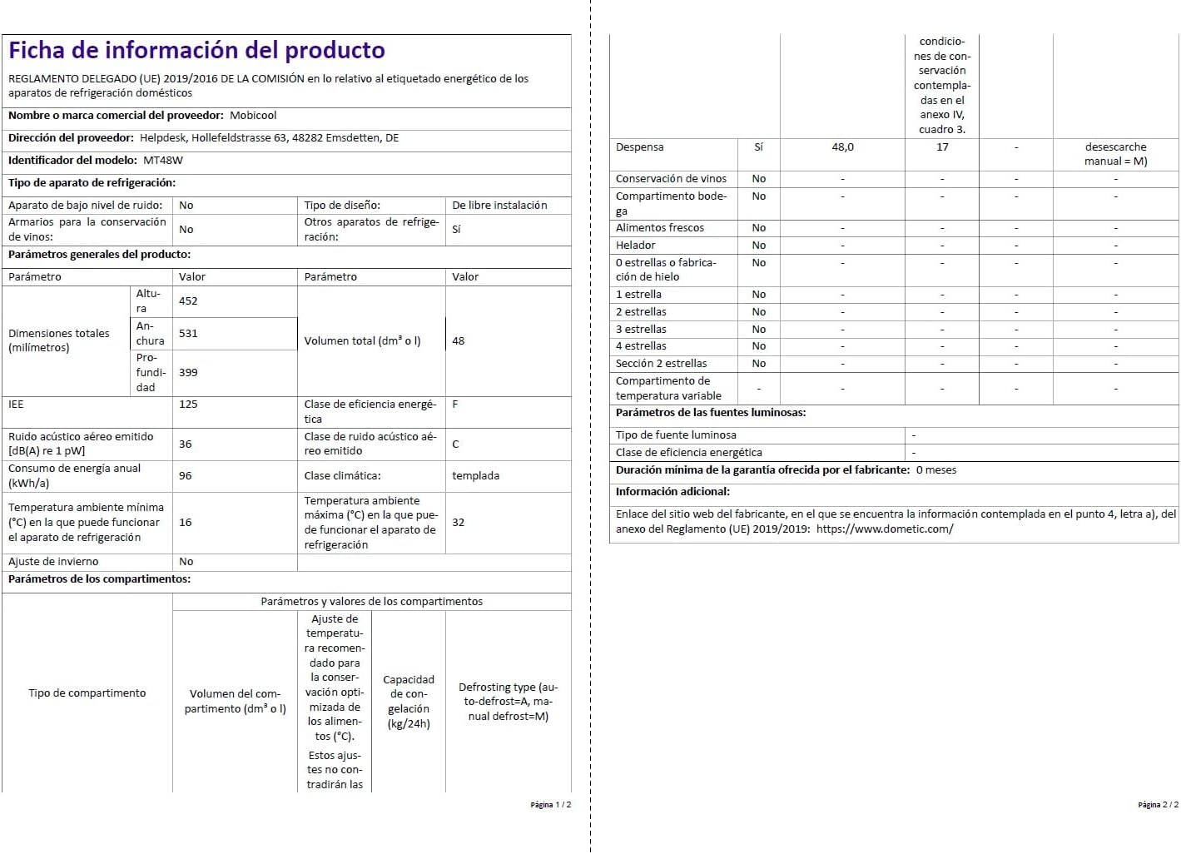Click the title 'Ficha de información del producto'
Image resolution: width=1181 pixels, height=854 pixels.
tap(196, 51)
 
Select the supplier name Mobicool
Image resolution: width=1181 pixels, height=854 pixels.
tap(253, 116)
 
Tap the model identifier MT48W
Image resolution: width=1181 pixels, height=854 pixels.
tap(163, 161)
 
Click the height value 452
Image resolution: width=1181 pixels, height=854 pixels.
tap(188, 301)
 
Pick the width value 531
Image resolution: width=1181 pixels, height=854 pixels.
tap(188, 334)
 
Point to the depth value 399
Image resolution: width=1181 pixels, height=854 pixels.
tap(188, 373)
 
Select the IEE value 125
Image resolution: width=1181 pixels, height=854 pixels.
tap(188, 405)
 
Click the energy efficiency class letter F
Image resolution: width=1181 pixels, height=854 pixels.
tap(455, 405)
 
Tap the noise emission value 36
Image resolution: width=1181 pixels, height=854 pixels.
tap(186, 444)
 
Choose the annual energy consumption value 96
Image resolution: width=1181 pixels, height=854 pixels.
tap(186, 476)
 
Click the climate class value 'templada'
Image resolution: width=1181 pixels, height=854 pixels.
tap(475, 476)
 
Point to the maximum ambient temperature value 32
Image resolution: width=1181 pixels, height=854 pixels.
tap(459, 523)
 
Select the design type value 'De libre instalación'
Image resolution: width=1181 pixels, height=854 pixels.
tap(499, 206)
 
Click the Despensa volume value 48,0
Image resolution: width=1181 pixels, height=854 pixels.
tap(842, 147)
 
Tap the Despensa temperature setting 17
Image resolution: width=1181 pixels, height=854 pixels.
tap(942, 147)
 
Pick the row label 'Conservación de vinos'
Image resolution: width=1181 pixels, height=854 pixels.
tap(671, 179)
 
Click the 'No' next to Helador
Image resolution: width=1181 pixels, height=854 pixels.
tap(759, 246)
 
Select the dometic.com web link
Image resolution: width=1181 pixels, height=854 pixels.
tap(885, 529)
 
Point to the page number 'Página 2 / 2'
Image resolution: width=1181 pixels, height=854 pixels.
tap(1158, 805)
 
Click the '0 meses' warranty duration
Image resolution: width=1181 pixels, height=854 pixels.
tap(936, 470)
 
